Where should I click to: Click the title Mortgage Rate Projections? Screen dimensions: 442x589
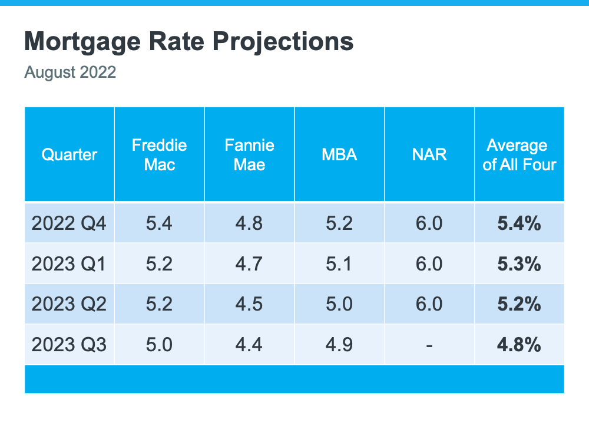[x=189, y=42]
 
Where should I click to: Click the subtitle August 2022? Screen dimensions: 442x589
[x=70, y=73]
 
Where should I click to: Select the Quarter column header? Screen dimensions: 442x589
[x=70, y=155]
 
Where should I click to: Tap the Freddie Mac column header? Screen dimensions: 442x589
[x=159, y=155]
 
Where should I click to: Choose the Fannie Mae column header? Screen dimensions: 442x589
[x=249, y=155]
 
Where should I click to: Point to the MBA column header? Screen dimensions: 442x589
[x=339, y=155]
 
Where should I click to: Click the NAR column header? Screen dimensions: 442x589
[x=429, y=155]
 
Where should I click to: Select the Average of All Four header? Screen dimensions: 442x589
[x=519, y=155]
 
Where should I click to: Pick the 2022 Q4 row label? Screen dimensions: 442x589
[x=70, y=223]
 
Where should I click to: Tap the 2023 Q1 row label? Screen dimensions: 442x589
[x=70, y=264]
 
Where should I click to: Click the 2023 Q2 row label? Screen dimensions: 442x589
[x=70, y=304]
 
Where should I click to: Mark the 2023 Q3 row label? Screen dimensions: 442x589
[x=70, y=344]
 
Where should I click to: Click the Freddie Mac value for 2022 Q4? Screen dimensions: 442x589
[x=159, y=223]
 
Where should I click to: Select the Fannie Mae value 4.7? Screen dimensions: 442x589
[x=249, y=264]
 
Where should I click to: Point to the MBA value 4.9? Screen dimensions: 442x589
[x=339, y=344]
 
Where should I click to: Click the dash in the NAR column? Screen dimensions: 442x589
[x=429, y=345]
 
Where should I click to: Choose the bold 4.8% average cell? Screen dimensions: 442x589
[x=519, y=344]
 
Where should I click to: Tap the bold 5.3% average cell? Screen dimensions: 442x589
[x=519, y=264]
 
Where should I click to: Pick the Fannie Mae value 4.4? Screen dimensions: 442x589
[x=249, y=344]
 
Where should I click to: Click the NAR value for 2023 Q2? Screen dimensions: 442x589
[x=429, y=304]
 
